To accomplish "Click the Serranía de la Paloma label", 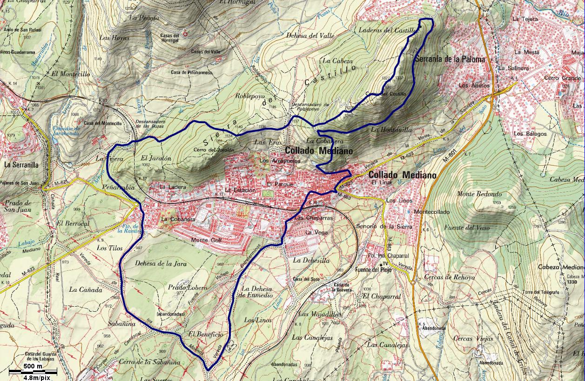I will click(x=450, y=59).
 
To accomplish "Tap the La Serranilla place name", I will click(x=21, y=164).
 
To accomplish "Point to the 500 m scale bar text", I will click(x=33, y=367).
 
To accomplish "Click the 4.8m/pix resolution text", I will click(x=33, y=377).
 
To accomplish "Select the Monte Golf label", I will click(x=207, y=240).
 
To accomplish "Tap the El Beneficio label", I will click(x=206, y=335).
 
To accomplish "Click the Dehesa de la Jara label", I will click(x=161, y=263).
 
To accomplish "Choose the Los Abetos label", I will click(x=474, y=85).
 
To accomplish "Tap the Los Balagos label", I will click(x=530, y=134).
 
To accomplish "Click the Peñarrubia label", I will click(x=117, y=187).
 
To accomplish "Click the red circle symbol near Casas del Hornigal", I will click(x=185, y=33).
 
